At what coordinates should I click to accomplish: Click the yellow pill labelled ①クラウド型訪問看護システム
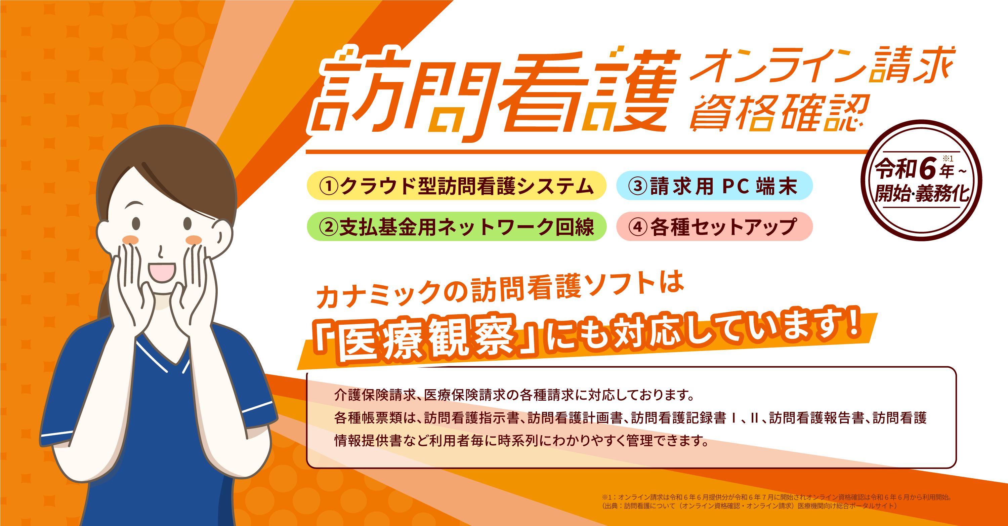pos(456,186)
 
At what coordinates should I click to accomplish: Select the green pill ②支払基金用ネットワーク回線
pos(456,226)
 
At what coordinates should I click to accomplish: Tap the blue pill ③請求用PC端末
pos(714,186)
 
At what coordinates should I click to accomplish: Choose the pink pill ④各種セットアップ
pos(714,226)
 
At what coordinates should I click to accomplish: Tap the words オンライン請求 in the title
pos(822,65)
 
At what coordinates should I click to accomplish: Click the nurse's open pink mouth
pos(162,272)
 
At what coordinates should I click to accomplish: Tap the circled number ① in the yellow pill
pos(328,186)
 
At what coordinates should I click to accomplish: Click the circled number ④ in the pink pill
pos(637,227)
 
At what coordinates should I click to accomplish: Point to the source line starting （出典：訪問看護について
pos(749,505)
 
